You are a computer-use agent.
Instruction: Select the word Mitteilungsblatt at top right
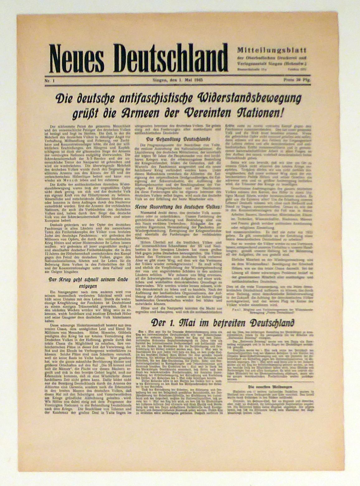[x=272, y=50]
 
